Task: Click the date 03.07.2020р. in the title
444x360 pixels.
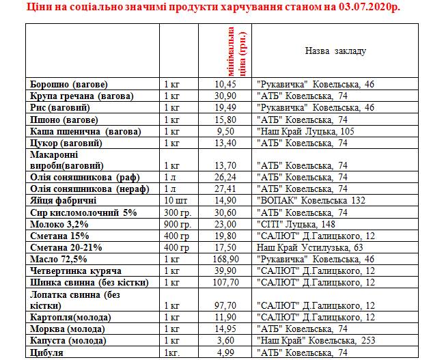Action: point(361,8)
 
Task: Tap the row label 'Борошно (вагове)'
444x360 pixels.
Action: point(69,84)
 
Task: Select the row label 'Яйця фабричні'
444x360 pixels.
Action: point(63,201)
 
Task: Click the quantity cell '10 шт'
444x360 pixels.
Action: point(176,201)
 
